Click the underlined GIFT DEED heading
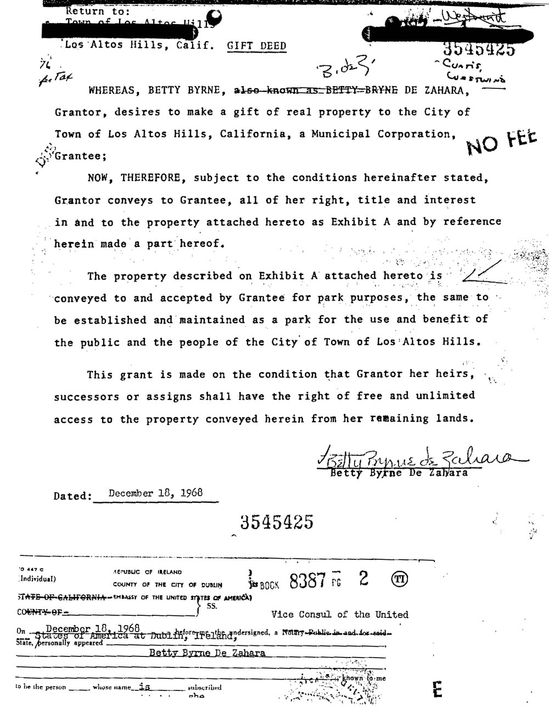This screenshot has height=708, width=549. [256, 46]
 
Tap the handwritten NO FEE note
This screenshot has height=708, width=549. [501, 141]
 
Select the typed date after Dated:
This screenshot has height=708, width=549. [155, 493]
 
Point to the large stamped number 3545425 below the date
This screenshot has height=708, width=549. [276, 521]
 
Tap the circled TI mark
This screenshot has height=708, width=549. [399, 580]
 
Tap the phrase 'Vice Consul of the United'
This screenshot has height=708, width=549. [339, 615]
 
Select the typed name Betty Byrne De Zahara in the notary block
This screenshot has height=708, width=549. [207, 653]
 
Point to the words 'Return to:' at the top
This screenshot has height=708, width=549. [98, 11]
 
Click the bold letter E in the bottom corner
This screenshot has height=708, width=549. [437, 689]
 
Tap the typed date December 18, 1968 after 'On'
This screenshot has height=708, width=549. [92, 628]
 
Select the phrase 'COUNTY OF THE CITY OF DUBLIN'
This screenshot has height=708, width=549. [167, 585]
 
